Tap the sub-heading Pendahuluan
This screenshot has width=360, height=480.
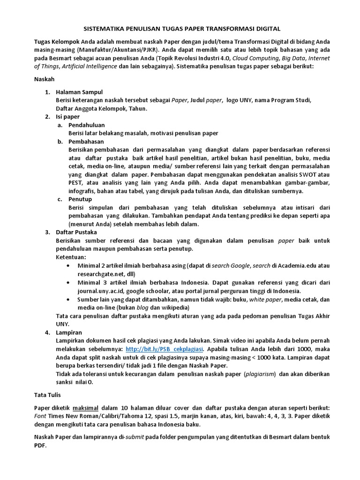click(86, 125)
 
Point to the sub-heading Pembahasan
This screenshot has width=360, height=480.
click(86, 142)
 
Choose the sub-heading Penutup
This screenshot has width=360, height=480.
click(81, 199)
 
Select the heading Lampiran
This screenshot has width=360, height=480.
click(69, 332)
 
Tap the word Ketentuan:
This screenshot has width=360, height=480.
click(71, 257)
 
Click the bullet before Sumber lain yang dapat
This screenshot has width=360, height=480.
click(69, 299)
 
